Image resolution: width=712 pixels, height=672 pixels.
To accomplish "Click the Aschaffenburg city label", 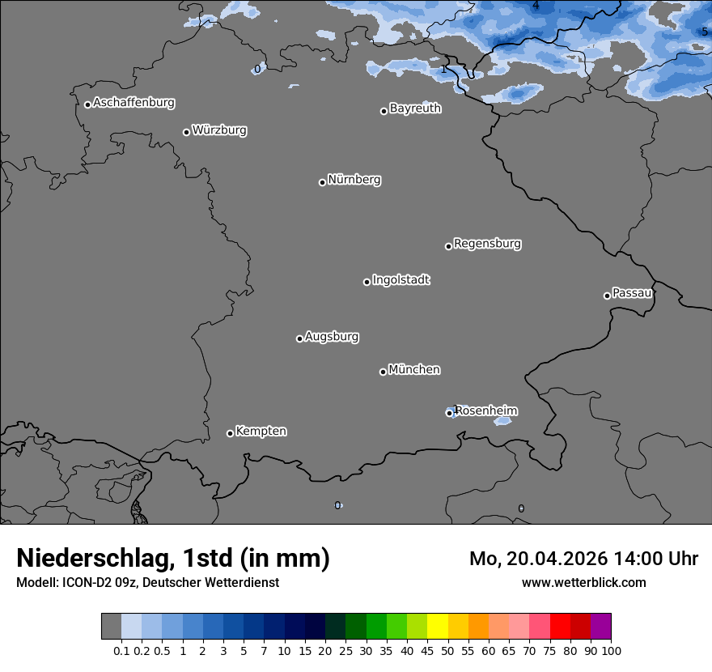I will click(133, 103).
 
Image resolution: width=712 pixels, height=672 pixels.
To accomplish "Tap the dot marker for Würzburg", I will click(186, 132).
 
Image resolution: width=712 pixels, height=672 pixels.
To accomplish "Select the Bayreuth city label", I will click(415, 108).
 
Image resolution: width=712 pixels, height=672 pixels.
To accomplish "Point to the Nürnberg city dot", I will click(322, 182).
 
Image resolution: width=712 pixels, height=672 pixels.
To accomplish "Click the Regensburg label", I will click(487, 244).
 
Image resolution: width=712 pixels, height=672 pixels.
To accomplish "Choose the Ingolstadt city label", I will click(400, 280).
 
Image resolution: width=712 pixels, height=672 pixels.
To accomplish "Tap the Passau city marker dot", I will click(607, 296).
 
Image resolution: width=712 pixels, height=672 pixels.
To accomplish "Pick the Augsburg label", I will click(332, 337).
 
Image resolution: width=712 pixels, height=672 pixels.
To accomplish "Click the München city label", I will click(414, 370).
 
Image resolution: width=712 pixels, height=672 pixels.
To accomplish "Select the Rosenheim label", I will click(485, 411).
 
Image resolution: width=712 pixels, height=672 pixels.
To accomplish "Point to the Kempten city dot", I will click(230, 433).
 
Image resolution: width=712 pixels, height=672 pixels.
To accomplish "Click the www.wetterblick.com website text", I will click(583, 583).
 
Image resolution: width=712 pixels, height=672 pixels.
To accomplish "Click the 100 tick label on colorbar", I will click(611, 651).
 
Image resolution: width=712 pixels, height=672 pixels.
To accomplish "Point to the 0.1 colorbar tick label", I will click(121, 651).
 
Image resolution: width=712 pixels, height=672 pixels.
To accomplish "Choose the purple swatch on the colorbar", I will click(600, 627).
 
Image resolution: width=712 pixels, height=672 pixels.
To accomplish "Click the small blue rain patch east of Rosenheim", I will click(502, 421).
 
